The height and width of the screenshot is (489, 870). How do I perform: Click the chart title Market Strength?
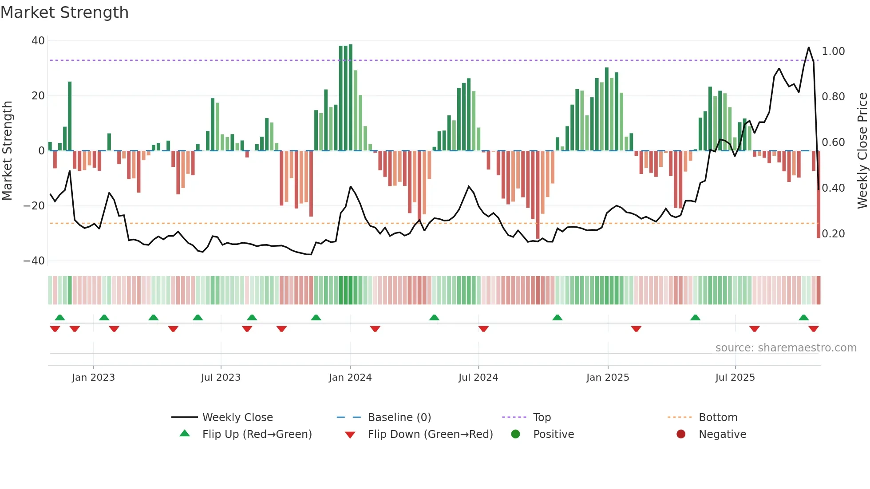(64, 12)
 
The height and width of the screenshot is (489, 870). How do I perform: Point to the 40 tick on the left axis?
(38, 41)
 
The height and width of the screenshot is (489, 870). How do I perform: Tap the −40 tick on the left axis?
(34, 261)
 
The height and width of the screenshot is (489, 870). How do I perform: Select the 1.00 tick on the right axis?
(833, 51)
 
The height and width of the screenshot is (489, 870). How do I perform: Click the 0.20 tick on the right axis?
(833, 234)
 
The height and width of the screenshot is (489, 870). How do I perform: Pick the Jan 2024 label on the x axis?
(350, 378)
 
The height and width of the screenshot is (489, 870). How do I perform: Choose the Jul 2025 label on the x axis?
(735, 378)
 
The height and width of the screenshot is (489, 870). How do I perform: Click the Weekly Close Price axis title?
(862, 151)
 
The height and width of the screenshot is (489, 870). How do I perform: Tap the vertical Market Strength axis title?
(8, 151)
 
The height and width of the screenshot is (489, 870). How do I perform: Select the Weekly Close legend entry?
(237, 418)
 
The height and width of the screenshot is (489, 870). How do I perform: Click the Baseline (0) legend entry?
(399, 418)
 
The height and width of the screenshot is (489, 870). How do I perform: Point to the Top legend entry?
(542, 418)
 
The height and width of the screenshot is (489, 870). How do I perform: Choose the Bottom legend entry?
(718, 418)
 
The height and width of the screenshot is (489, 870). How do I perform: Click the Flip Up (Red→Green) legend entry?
(257, 434)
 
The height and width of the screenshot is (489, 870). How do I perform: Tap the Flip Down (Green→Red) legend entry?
(430, 434)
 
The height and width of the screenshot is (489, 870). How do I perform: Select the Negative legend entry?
(722, 434)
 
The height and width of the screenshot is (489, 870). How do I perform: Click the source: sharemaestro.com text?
(786, 348)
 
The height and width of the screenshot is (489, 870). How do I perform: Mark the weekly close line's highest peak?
(808, 47)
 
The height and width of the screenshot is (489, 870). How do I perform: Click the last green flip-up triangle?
(803, 318)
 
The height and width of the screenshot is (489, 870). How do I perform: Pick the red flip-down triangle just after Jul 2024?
(483, 329)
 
